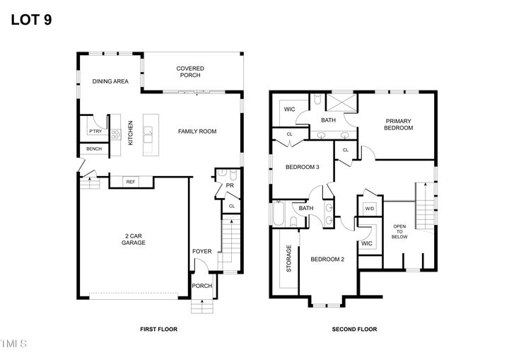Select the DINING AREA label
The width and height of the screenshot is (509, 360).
point(110,82)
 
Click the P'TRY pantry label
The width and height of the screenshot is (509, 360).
point(94,132)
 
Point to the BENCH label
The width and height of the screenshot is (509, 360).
point(93,149)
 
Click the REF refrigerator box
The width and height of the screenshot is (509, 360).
point(130,182)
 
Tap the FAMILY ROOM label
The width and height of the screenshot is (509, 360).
point(197,131)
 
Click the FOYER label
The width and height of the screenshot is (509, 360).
point(201,251)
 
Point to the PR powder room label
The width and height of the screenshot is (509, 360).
point(230,186)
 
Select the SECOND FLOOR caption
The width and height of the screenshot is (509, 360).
point(354,329)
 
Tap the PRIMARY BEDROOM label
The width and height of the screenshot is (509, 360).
point(398,124)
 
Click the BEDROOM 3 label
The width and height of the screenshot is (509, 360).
point(303,168)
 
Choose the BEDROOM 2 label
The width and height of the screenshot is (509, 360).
point(327,259)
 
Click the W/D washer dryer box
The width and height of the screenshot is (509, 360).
point(369,209)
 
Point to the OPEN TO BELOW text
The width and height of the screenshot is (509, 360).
point(399,231)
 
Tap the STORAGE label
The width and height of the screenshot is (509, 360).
point(288,259)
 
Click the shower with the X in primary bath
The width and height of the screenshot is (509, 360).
point(341,105)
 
